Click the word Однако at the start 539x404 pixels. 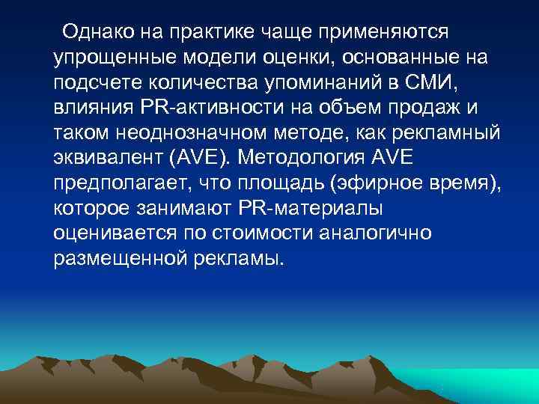click(94, 31)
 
